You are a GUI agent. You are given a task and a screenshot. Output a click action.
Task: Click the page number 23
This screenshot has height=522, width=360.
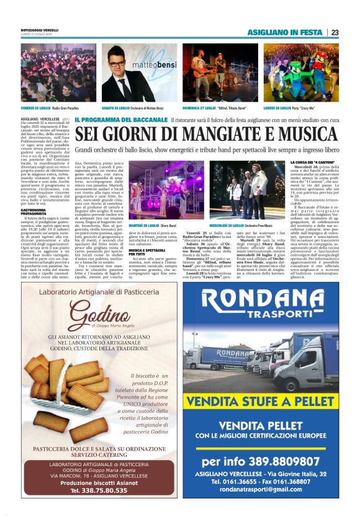pos(335,32)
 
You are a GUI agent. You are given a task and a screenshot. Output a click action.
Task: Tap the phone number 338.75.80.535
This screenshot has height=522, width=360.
pos(99,490)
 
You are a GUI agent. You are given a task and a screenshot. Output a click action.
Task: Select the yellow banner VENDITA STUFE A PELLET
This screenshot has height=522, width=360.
pos(261,402)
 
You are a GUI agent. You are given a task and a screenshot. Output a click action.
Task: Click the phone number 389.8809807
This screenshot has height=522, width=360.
pos(261,461)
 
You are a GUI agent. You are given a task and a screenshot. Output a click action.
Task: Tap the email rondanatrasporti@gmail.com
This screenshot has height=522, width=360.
pos(261,489)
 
